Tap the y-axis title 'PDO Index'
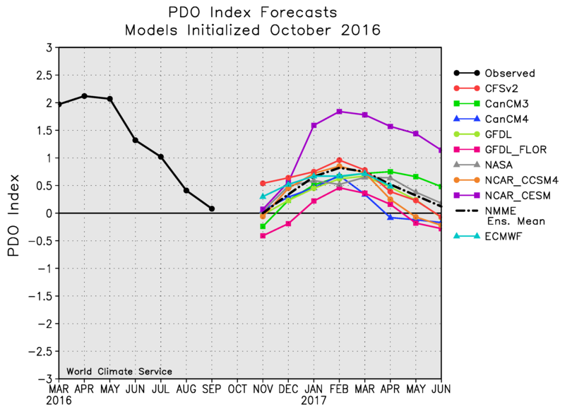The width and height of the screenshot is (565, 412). coord(15,213)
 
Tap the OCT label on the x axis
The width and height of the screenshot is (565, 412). coord(237,389)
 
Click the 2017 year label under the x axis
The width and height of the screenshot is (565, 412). coord(314,401)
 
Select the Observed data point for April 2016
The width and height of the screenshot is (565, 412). coord(85,96)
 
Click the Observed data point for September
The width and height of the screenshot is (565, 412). coord(212,208)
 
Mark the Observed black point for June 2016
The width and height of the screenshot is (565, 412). coord(136,140)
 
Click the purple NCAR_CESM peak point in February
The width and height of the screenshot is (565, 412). coord(339,112)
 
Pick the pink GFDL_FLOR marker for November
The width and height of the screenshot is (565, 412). coord(263,235)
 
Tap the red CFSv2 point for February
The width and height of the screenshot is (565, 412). coord(339,160)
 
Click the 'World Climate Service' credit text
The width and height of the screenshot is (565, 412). coord(119,371)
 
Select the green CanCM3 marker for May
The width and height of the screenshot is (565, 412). coord(415,177)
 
